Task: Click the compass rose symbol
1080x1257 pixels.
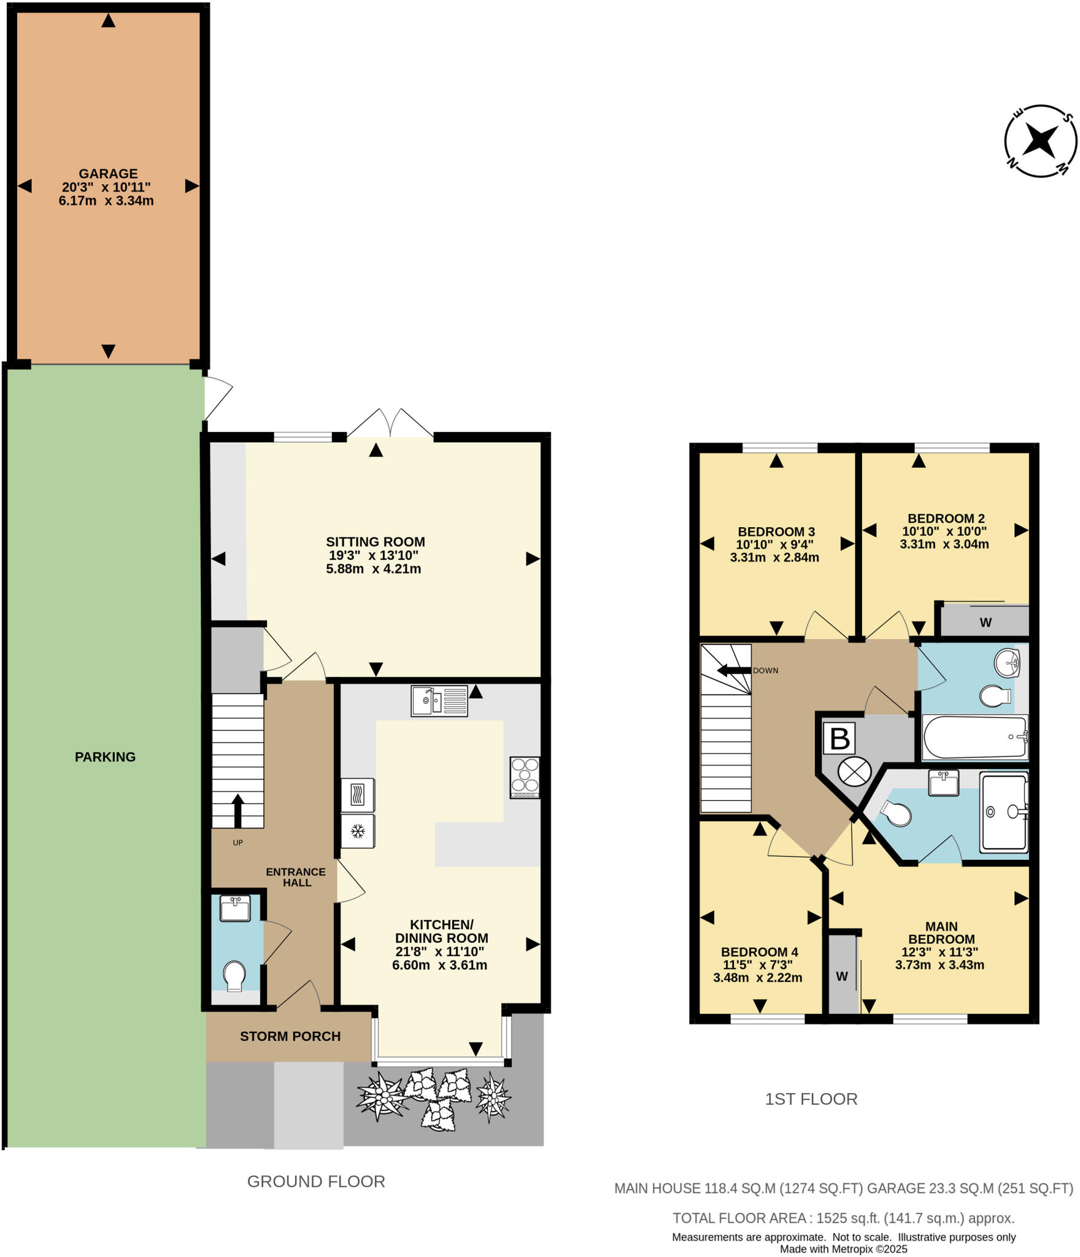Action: pos(1040,141)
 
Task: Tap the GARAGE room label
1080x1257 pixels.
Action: pos(108,174)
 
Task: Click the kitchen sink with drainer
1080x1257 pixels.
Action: pos(439,701)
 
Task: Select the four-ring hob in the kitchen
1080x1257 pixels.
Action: pos(525,777)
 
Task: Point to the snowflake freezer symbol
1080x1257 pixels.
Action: pos(358,832)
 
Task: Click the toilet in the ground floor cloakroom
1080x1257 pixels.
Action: pos(234,975)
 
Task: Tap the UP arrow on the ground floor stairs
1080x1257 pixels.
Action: pos(237,810)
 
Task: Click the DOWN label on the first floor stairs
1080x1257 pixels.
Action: pos(765,670)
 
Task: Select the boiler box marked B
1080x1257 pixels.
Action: pos(839,738)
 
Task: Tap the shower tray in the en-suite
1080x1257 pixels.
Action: pos(1004,813)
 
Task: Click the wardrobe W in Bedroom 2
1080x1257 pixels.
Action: pos(985,622)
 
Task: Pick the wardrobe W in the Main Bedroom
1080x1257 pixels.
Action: pos(842,976)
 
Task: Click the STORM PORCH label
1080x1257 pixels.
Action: pos(290,1036)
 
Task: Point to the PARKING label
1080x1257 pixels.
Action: pos(105,757)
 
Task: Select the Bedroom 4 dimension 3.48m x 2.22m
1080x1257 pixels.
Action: pos(757,978)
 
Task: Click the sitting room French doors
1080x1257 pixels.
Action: pos(390,424)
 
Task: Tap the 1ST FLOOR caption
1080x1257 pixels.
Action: pos(811,1099)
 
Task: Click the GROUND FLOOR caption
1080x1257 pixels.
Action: pos(315,1182)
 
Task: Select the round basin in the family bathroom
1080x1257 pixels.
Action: pos(1006,662)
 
